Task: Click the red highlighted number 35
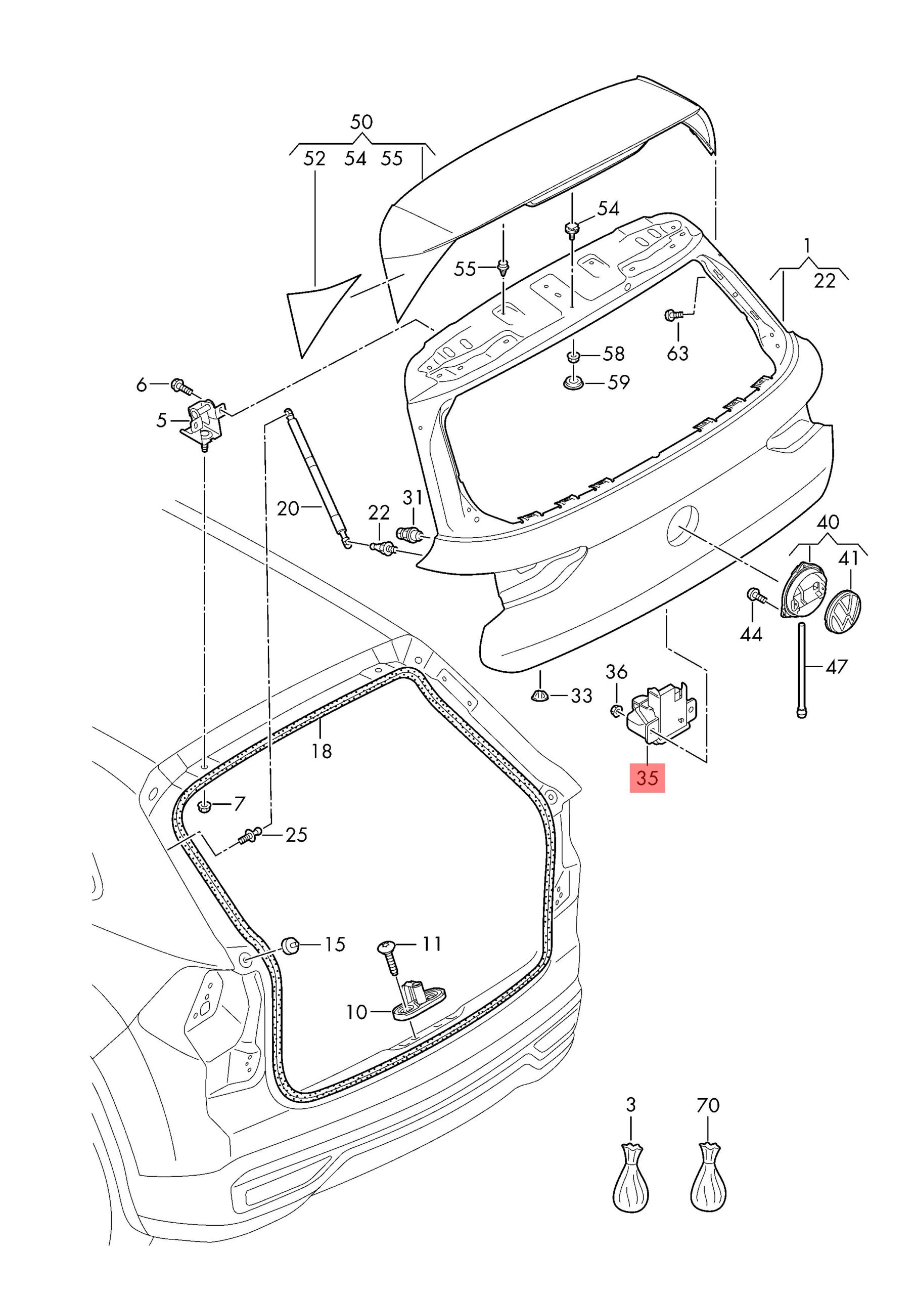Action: point(647,778)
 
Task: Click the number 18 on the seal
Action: point(322,751)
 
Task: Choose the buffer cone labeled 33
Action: point(540,695)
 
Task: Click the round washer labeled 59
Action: point(573,383)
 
